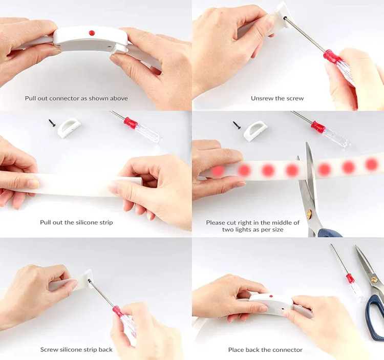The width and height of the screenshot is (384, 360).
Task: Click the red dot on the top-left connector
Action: coord(92,33)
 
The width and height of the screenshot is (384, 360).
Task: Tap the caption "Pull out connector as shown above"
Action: coord(76,98)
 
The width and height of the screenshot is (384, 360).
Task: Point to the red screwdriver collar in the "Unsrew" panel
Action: coord(331,57)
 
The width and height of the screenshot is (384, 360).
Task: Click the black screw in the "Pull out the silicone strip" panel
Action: coord(52,123)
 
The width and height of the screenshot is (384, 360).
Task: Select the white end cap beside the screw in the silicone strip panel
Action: coord(69,127)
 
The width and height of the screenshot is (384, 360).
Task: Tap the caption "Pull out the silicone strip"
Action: coord(76,222)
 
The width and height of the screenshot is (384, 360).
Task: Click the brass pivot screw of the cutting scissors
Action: coord(309,212)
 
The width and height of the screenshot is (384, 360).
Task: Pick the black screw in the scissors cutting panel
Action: coord(237,125)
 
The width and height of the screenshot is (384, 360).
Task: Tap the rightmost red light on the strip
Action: coord(372,164)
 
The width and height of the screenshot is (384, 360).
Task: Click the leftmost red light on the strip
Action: coord(218,171)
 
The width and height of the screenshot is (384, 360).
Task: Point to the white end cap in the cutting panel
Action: coord(255,132)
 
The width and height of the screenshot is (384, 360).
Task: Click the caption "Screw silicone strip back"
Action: coord(76,349)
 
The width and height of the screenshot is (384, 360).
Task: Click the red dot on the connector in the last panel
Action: coord(271,297)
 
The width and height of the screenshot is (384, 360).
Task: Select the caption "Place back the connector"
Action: coord(265,350)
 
